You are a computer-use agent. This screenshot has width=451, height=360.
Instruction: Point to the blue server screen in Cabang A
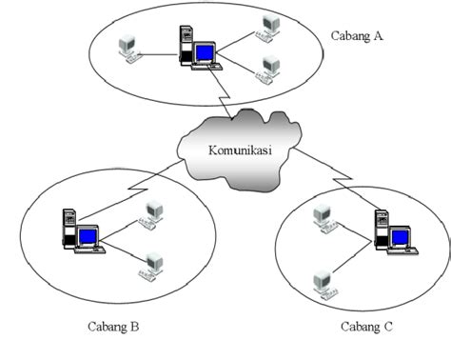tap(204, 52)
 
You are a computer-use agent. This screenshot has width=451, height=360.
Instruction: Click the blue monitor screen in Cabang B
tap(88, 234)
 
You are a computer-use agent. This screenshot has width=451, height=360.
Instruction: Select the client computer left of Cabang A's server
tap(127, 49)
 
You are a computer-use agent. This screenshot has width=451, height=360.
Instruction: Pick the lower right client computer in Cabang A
tap(270, 67)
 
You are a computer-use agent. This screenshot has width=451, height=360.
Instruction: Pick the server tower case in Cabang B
tap(69, 229)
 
